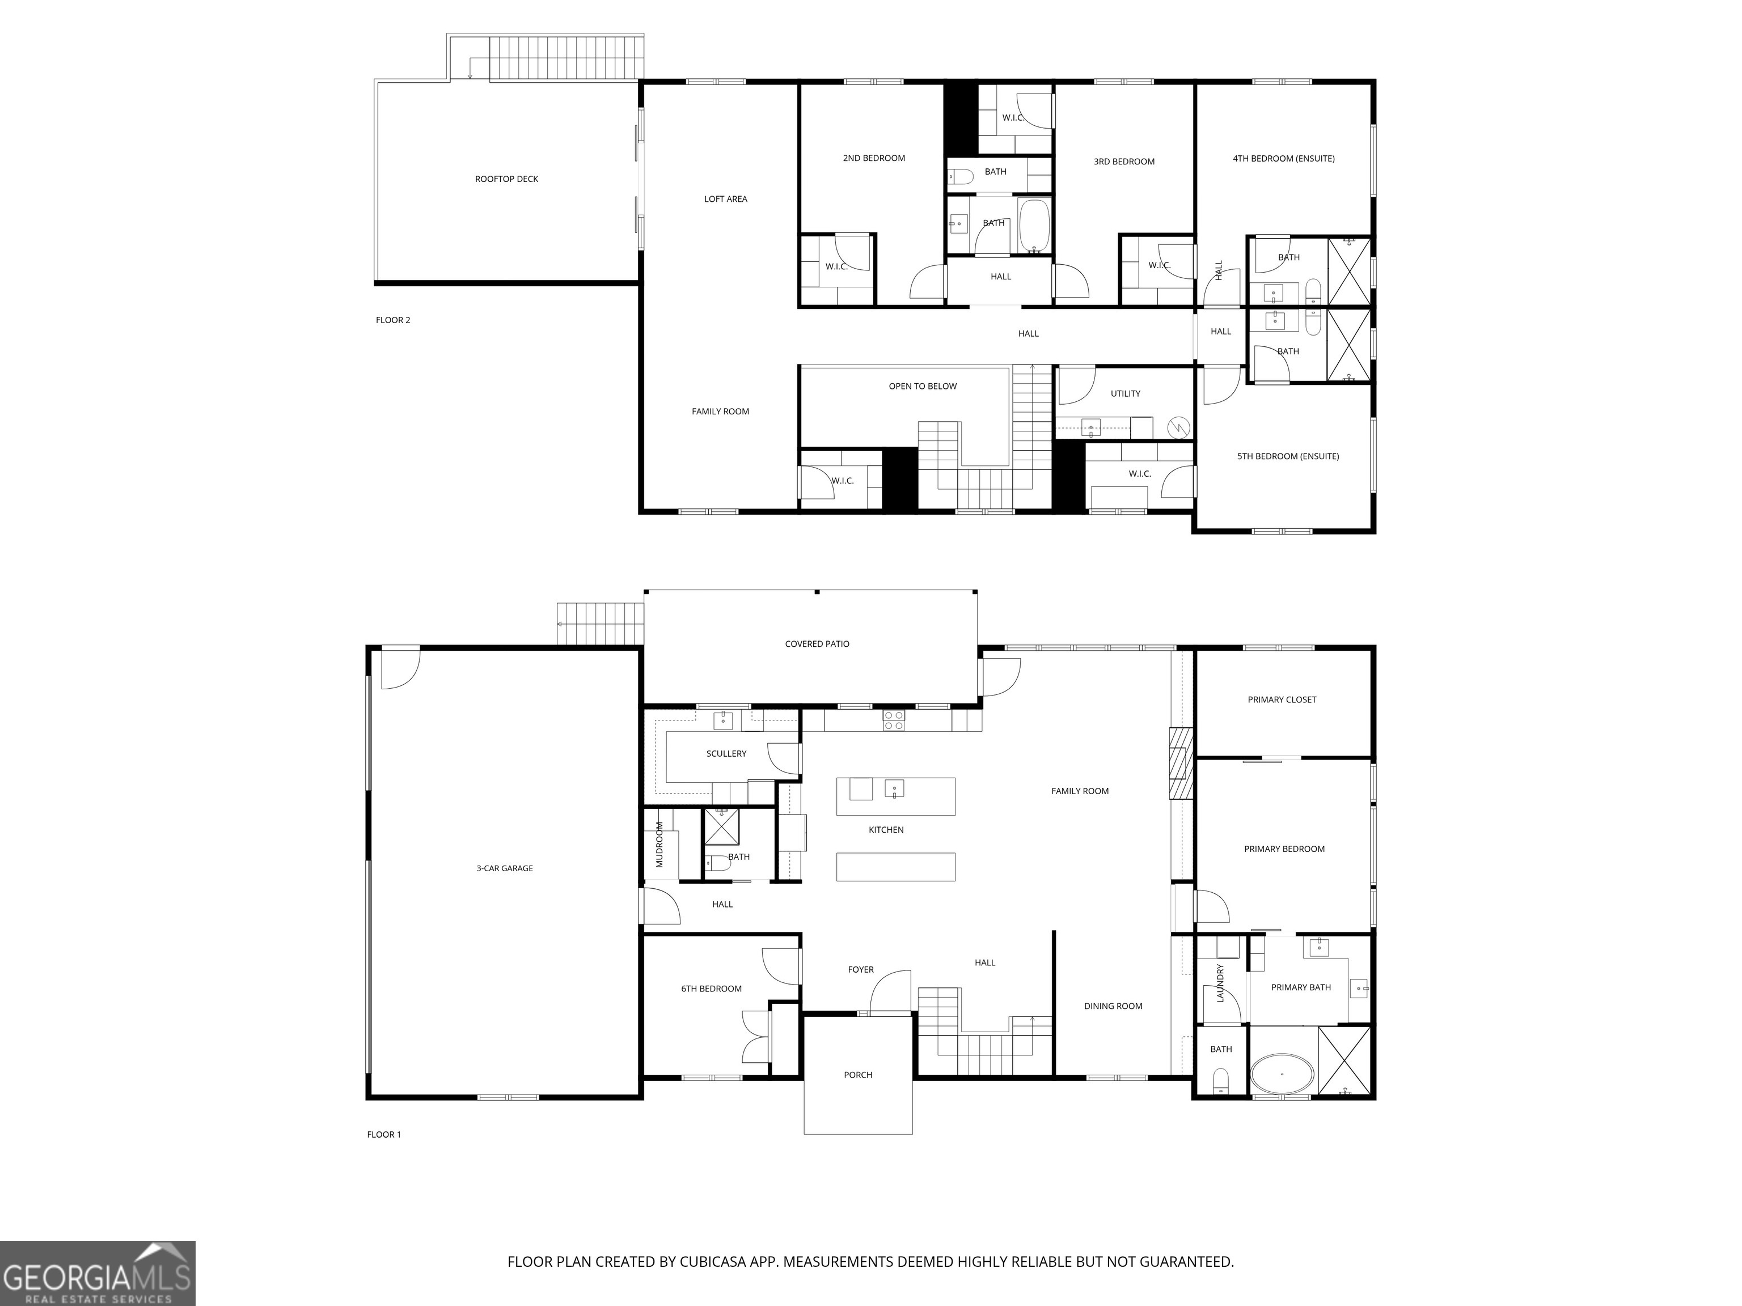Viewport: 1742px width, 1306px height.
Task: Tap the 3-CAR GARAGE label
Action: click(504, 868)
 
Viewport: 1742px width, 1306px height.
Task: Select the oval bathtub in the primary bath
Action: click(1282, 1074)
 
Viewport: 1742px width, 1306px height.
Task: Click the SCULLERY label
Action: click(726, 754)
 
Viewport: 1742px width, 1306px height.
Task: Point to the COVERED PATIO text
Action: click(817, 644)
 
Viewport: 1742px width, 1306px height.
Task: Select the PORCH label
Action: click(857, 1075)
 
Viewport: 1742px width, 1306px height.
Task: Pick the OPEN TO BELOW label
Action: click(922, 387)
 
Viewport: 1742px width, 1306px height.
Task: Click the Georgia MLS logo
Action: click(97, 1273)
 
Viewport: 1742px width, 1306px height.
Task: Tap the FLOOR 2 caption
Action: click(392, 320)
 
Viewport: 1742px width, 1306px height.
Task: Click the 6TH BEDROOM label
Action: click(711, 989)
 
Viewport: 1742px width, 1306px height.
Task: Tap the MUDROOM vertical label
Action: click(660, 844)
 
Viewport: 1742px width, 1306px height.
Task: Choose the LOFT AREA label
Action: click(725, 199)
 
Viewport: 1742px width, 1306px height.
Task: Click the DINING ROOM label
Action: click(1112, 1006)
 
